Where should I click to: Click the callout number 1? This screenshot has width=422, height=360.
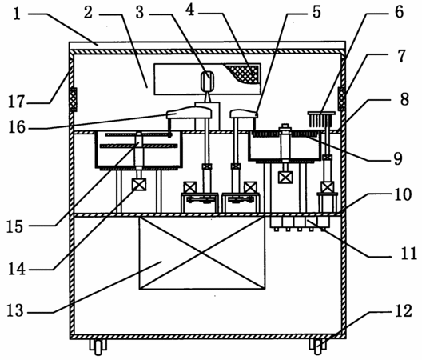click(17, 14)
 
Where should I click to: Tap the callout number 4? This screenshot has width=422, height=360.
click(190, 10)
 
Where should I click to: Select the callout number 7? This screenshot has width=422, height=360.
click(401, 56)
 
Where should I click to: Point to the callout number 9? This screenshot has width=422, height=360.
click(398, 158)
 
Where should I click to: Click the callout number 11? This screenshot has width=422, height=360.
click(409, 254)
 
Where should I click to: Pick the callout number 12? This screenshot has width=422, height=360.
click(404, 310)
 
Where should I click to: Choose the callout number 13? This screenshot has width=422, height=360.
click(15, 310)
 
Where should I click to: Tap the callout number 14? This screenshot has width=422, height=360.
click(17, 269)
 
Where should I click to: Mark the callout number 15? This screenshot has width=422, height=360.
click(15, 226)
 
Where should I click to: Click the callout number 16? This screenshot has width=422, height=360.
click(17, 127)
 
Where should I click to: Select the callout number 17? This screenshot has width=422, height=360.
click(17, 102)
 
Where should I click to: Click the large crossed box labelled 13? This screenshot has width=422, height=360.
click(202, 253)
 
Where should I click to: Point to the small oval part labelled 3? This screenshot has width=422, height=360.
click(208, 81)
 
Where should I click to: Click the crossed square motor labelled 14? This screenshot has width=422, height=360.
click(139, 185)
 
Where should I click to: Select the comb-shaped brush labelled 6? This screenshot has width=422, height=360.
click(321, 119)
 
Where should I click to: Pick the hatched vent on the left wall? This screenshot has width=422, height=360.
click(73, 99)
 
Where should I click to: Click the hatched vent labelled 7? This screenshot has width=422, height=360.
click(342, 98)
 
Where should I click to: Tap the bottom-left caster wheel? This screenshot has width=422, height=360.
click(98, 347)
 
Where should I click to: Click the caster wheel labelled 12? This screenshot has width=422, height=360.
click(318, 346)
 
